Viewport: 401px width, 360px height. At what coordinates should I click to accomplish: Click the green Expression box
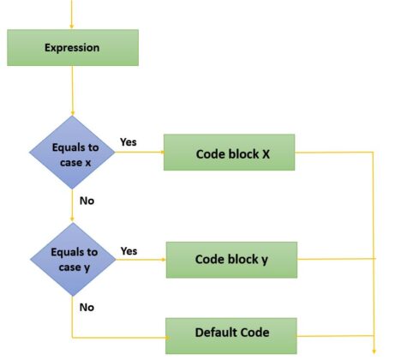click(72, 48)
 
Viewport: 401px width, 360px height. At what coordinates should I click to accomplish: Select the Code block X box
click(229, 153)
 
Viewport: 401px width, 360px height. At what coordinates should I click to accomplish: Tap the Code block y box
click(231, 259)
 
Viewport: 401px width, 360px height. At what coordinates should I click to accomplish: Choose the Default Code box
click(231, 333)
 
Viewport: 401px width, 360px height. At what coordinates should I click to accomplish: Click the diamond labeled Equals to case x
click(72, 154)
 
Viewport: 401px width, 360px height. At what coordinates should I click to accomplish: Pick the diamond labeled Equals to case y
click(72, 258)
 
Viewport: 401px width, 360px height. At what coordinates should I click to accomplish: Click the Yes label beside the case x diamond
click(129, 142)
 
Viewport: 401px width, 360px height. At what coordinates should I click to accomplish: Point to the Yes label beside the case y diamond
click(129, 251)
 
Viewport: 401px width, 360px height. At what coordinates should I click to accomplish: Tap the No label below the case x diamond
click(87, 201)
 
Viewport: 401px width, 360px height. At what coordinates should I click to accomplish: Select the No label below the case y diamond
click(87, 306)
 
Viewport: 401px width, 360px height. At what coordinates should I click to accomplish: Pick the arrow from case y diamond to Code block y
click(141, 259)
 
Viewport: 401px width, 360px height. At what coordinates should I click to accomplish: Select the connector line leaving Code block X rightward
click(334, 153)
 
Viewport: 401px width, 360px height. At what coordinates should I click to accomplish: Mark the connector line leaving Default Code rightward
click(334, 335)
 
